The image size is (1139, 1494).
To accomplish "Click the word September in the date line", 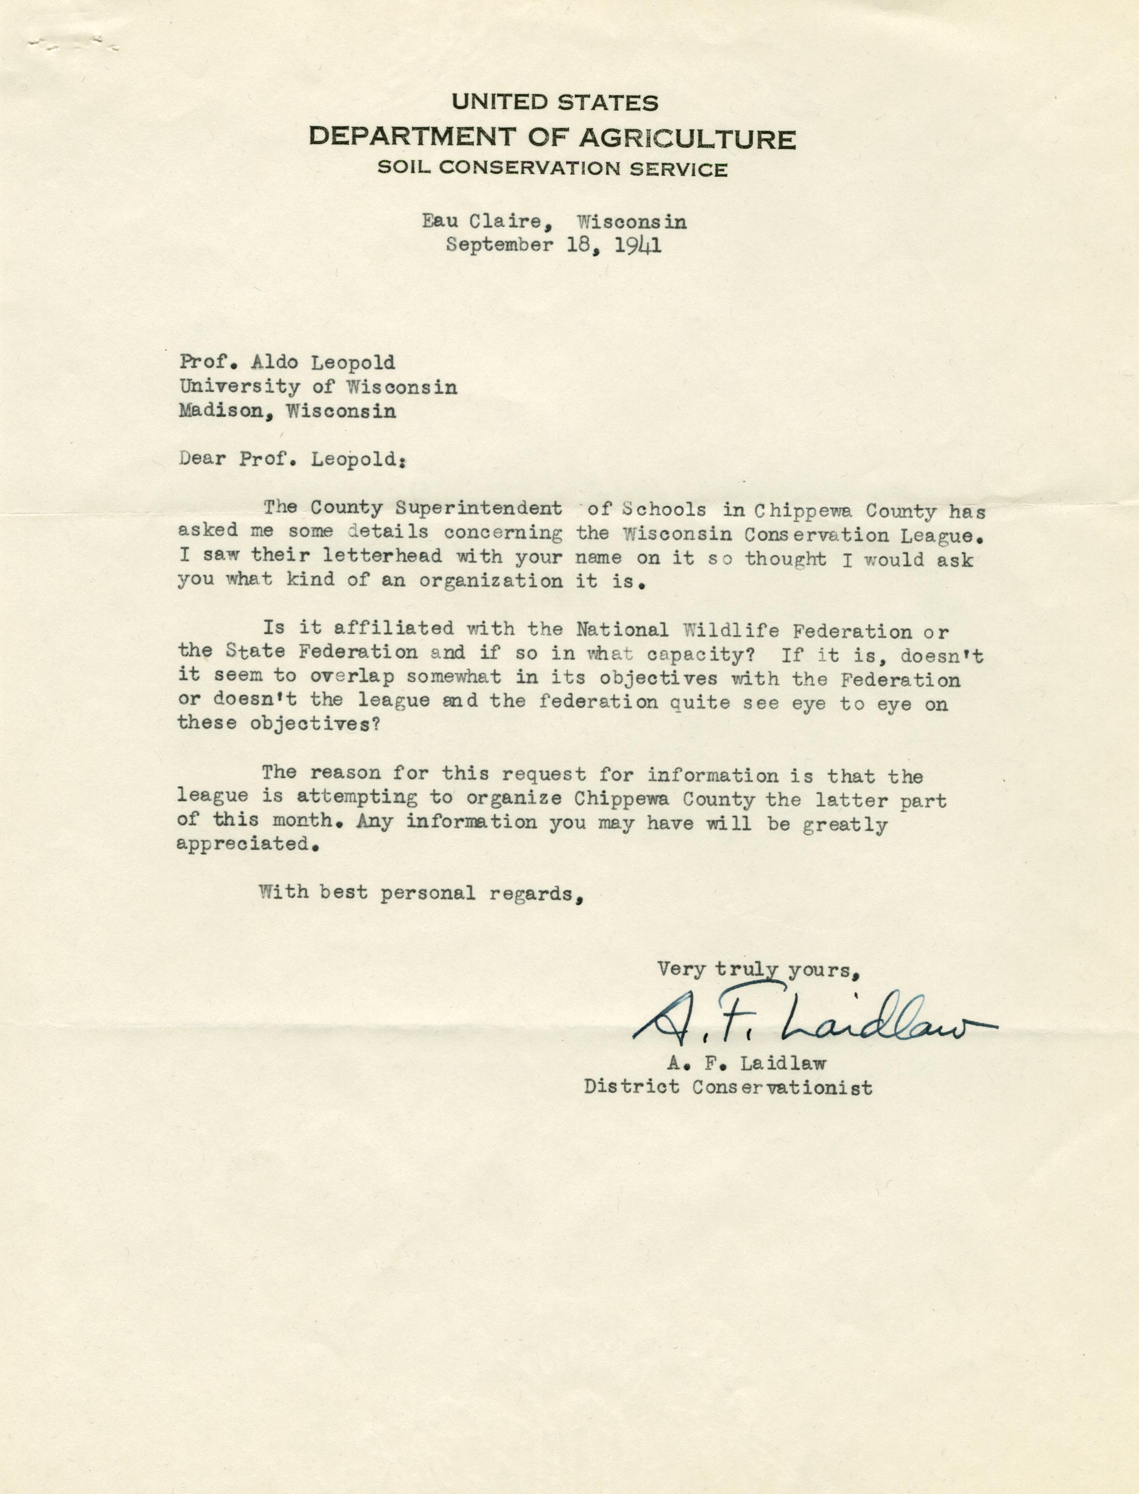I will point(499,245).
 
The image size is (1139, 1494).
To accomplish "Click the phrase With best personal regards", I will point(421,893).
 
